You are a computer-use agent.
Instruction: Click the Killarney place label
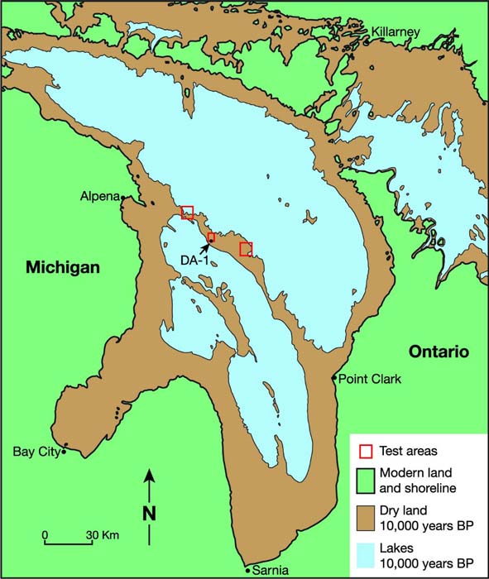(396, 31)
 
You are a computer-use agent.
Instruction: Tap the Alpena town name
(100, 197)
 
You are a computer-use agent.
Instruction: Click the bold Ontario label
(439, 352)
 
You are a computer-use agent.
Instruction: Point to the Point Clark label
(370, 379)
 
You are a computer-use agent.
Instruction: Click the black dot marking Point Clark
(334, 379)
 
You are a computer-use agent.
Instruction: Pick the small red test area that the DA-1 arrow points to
(211, 238)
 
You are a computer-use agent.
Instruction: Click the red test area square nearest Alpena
(188, 212)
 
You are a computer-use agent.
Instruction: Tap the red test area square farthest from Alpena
(245, 249)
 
